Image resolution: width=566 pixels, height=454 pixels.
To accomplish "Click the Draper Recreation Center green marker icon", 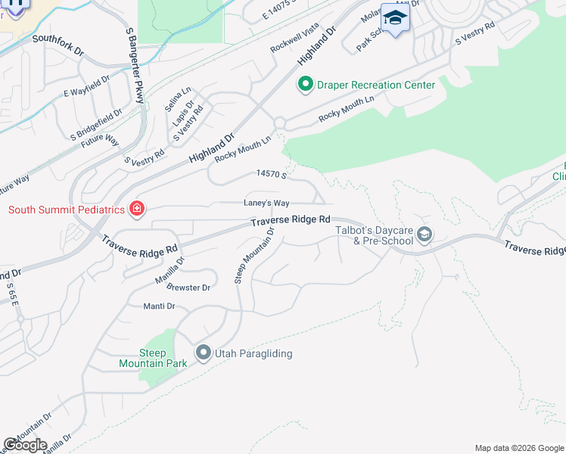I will pos(306,84).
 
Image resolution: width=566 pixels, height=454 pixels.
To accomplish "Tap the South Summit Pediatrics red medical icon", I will pos(137,208).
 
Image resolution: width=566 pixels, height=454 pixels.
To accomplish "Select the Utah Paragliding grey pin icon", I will pos(203,353).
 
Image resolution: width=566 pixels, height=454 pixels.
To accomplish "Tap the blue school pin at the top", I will pos(395,17).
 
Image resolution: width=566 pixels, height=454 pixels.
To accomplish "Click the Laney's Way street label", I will pos(266,203).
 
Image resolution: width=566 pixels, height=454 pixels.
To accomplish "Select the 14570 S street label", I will pos(272,174).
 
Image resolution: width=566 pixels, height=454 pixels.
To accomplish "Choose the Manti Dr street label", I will pos(160,306).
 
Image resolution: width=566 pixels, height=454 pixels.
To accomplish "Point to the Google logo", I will pos(25,444).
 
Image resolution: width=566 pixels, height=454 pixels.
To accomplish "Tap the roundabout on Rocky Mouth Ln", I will pos(279,123).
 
